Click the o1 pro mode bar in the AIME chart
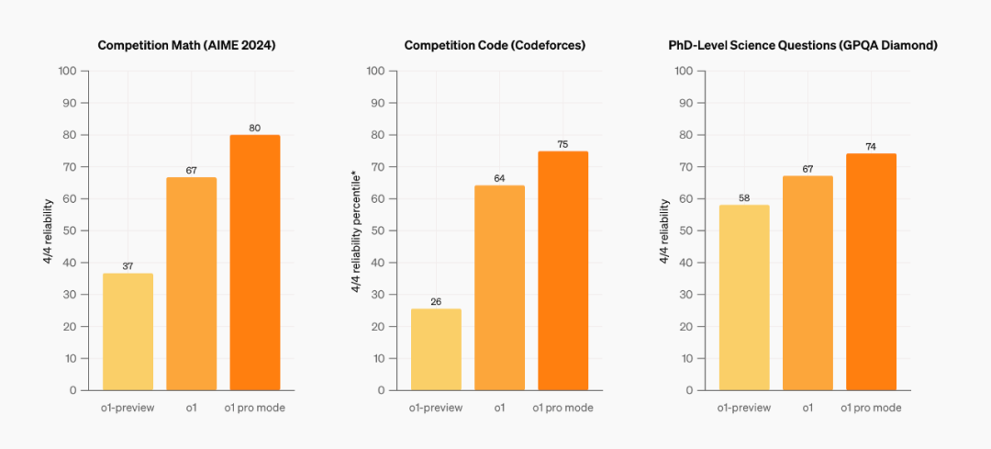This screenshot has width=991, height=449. coord(254,263)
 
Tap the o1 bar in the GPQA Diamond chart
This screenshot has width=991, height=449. coord(807,283)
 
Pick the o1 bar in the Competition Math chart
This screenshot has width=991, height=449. coord(191,284)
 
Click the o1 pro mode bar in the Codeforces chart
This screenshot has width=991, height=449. coord(562,271)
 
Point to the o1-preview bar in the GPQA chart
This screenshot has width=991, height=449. coord(744,297)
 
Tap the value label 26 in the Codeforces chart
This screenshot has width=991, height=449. coord(436,300)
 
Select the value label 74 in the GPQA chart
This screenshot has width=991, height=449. coord(871,146)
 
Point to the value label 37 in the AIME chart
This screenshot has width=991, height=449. coord(128,266)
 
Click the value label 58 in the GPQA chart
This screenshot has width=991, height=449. coord(744,197)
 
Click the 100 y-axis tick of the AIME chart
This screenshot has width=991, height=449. coord(68,71)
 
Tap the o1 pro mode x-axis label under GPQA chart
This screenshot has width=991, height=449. coord(871,407)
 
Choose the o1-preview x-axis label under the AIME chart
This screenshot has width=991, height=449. coord(128,407)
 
